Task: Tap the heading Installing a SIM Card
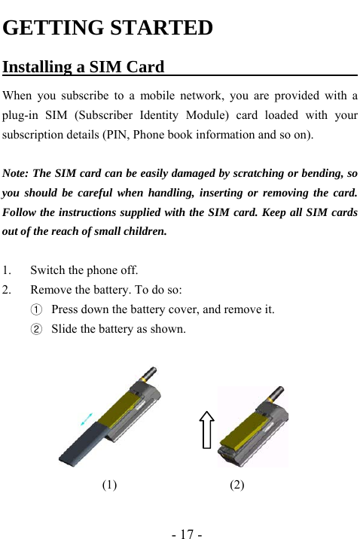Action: tap(84, 68)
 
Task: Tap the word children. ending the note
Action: tap(141, 232)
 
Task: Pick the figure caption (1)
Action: tap(109, 486)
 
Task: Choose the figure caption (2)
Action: tap(236, 486)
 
